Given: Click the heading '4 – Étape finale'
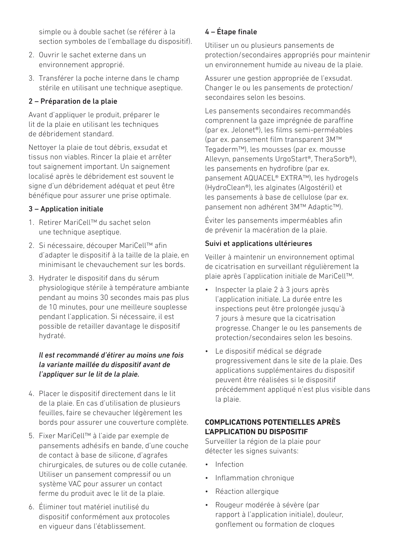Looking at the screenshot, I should [231, 32].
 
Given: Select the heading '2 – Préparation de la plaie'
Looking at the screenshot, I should [73, 101].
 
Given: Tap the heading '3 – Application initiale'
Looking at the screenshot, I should [66, 209].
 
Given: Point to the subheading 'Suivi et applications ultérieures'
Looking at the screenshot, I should [258, 244].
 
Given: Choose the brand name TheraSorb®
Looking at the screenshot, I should [334, 159].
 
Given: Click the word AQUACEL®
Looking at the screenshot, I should [262, 178].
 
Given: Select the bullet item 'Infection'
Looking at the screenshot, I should [229, 465].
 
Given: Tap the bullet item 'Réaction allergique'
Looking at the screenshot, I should [247, 492].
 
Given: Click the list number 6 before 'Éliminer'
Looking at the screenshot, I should [31, 507].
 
